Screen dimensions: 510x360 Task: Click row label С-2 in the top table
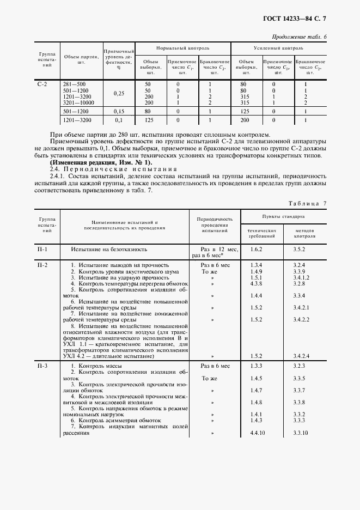pyautogui.click(x=42, y=84)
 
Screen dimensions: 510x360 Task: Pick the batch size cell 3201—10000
pyautogui.click(x=79, y=102)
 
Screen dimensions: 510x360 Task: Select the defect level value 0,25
pyautogui.click(x=119, y=93)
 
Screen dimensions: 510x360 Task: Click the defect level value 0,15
pyautogui.click(x=119, y=111)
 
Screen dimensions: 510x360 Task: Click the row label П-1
pyautogui.click(x=42, y=249)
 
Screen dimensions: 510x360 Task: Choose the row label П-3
pyautogui.click(x=42, y=365)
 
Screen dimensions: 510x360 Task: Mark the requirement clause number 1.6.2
pyautogui.click(x=256, y=249)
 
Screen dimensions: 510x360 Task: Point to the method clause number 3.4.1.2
pyautogui.click(x=301, y=277)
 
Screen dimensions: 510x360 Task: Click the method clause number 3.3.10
pyautogui.click(x=301, y=433)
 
